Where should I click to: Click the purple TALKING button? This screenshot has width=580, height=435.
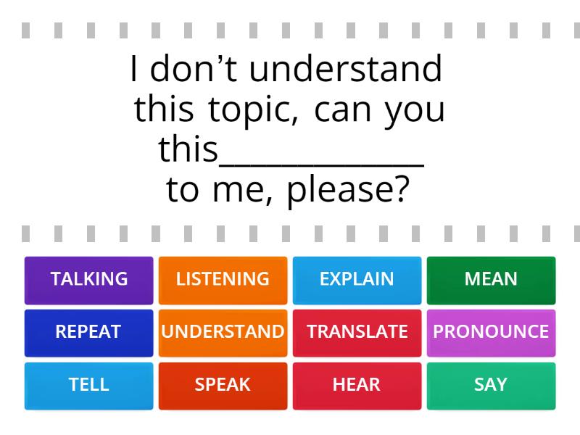88,281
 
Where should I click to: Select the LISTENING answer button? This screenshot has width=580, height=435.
223,281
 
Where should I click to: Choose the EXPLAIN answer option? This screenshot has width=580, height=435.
357,281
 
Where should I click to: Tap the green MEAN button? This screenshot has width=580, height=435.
492,281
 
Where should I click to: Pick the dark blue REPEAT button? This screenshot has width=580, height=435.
88,333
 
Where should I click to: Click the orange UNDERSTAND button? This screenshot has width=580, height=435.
223,333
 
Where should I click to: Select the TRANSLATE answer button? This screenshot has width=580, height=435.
357,333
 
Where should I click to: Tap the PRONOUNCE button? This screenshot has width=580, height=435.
492,333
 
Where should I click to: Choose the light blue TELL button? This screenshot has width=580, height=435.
88,386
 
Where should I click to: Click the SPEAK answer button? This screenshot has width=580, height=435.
223,386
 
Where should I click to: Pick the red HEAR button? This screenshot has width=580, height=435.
357,386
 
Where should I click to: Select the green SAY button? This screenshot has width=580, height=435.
492,386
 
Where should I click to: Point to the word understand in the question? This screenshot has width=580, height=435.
346,68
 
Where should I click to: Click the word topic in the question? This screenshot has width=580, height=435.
253,110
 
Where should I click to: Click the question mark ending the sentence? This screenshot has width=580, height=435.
402,188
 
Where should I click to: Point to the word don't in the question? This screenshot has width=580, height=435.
194,68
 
